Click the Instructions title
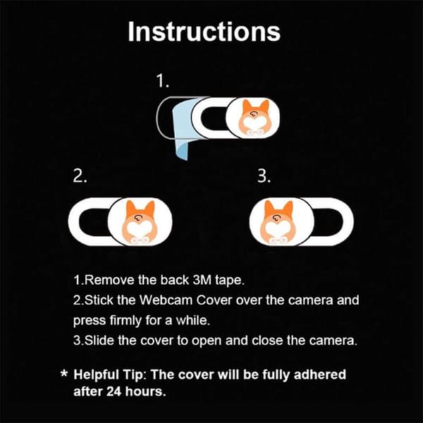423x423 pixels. coord(204,32)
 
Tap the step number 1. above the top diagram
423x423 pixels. coord(163,81)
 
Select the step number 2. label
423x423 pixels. coord(80,176)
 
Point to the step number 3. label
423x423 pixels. coord(264,176)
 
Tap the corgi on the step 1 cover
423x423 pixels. coord(253,118)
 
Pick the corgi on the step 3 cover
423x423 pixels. coord(278,222)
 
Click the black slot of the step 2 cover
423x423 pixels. coord(94,222)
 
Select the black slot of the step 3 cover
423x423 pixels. coord(327,222)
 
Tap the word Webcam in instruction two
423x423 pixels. coord(166,300)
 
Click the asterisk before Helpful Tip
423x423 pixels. coord(64,374)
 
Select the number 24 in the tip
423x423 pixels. coord(114,391)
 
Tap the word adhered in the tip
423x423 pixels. coord(320,374)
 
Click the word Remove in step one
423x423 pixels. coord(109,280)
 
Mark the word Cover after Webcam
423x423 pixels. coord(214,300)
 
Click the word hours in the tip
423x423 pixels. coord(145,391)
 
